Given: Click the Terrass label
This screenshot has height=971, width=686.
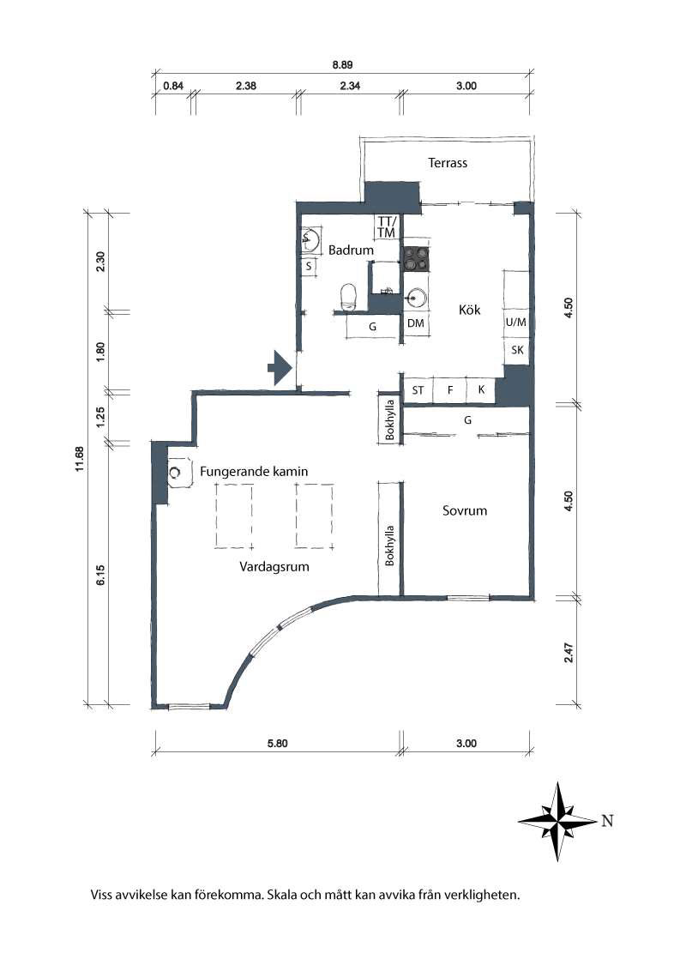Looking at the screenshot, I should pyautogui.click(x=448, y=163).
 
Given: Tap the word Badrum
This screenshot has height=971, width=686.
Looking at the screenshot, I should pyautogui.click(x=351, y=250).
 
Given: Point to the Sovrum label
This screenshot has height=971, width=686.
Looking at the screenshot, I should pyautogui.click(x=465, y=510).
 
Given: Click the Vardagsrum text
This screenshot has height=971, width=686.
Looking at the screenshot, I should pyautogui.click(x=274, y=567).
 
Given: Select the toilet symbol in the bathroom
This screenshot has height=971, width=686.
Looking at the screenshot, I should pyautogui.click(x=348, y=297).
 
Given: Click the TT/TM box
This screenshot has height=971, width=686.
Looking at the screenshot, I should pyautogui.click(x=387, y=227).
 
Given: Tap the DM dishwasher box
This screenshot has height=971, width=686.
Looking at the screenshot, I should pyautogui.click(x=416, y=323).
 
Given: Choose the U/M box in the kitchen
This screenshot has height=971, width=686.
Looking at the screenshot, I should pyautogui.click(x=515, y=323).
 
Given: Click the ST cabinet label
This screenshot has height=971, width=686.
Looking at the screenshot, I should pyautogui.click(x=418, y=390).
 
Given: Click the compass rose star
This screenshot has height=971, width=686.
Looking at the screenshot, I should pyautogui.click(x=558, y=821).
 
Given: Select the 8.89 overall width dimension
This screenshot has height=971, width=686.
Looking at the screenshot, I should pyautogui.click(x=343, y=63).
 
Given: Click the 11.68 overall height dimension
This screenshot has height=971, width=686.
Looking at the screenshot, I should pyautogui.click(x=80, y=455).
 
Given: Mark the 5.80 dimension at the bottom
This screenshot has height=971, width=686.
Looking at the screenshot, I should pyautogui.click(x=277, y=744).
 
